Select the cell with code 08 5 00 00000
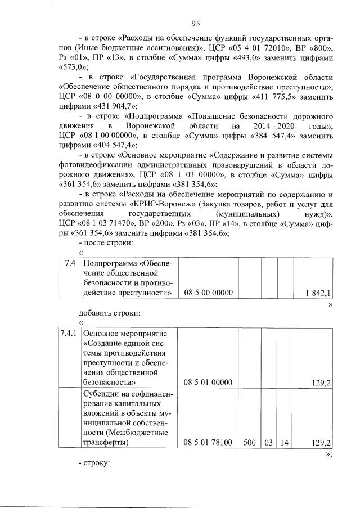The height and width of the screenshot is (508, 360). pyautogui.click(x=208, y=293)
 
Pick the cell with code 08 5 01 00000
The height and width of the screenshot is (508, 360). pyautogui.click(x=208, y=383)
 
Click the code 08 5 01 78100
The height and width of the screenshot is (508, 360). pyautogui.click(x=208, y=443)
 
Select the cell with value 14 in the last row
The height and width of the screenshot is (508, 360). pyautogui.click(x=285, y=443)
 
